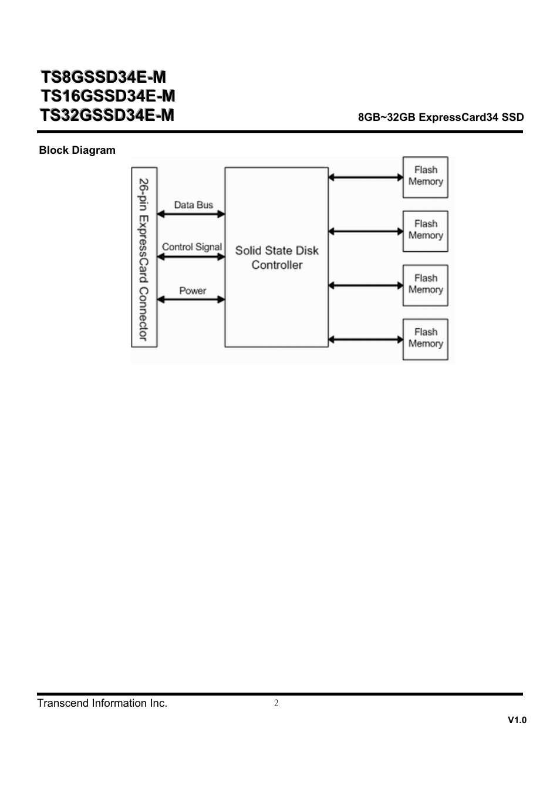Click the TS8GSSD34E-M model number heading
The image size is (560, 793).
coord(103,77)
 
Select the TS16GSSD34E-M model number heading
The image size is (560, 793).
coord(108,96)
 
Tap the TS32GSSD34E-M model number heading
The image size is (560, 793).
coord(107,115)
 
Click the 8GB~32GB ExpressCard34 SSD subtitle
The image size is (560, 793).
coord(441,117)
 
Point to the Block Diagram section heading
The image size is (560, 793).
coord(77,150)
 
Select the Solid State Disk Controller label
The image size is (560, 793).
coord(277,258)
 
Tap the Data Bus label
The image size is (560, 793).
coord(194,205)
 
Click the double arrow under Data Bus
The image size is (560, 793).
coord(191,214)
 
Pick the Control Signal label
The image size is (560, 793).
coord(192,247)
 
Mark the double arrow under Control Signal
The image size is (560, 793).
coord(191,257)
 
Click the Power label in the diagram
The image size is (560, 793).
coord(193,291)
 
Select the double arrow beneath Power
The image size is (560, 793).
coord(191,299)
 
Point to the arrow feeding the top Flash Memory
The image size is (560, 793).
coord(366,177)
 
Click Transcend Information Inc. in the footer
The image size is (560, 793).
coord(102,703)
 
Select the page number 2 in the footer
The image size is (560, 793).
coord(276,703)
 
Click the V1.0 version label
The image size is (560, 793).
coord(517,720)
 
